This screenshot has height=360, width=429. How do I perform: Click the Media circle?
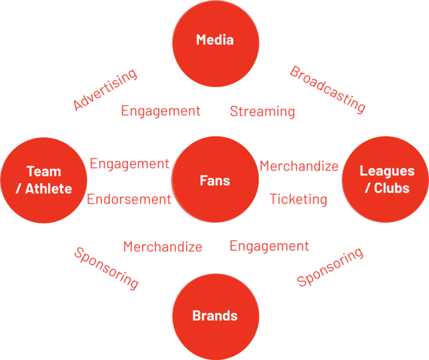coord(215,43)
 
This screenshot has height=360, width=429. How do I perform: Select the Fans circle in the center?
coord(215,181)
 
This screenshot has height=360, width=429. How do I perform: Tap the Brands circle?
coord(215,316)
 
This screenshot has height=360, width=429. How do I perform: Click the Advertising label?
coord(105,89)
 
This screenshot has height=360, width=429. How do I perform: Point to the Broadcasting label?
coord(328,89)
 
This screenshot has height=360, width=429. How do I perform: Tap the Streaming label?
coord(262,111)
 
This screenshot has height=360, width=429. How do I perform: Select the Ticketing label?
coord(298,199)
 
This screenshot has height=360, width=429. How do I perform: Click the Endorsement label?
coord(129,199)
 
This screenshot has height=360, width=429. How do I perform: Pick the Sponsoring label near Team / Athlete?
coord(107,268)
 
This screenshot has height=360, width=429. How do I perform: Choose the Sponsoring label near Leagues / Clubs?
coord(330,267)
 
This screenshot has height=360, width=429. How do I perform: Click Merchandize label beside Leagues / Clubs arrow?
coord(299,166)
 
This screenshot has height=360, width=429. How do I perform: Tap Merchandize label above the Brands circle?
coord(163,246)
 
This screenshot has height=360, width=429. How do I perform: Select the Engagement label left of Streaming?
coord(161,111)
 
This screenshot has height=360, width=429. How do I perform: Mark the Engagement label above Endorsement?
coord(130,164)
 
